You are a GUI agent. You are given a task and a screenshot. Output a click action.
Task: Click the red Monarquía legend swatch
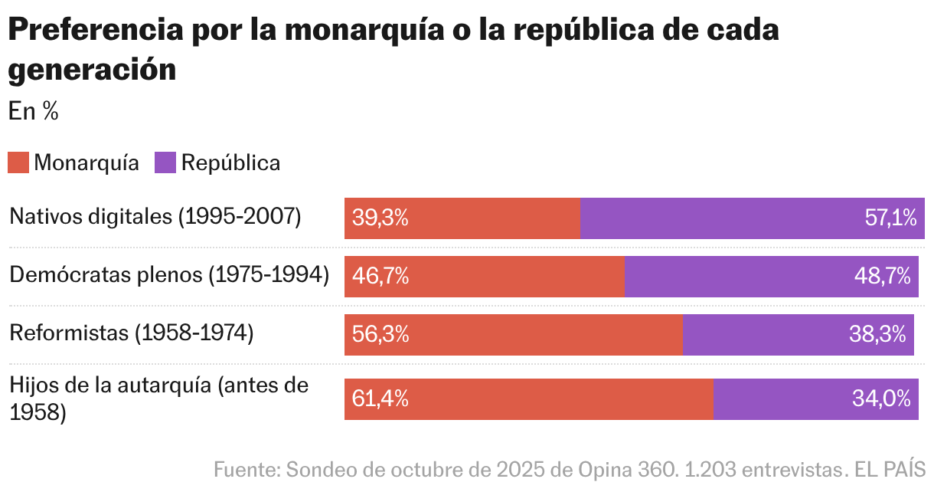(18, 162)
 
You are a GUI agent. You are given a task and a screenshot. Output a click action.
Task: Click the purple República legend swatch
(165, 162)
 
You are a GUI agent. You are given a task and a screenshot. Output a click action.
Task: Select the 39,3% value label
(380, 218)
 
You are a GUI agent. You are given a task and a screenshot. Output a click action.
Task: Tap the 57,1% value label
(890, 218)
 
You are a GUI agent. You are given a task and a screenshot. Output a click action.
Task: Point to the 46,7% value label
(380, 276)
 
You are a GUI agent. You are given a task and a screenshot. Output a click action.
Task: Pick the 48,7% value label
(882, 276)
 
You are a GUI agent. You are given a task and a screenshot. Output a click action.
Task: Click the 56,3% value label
(380, 334)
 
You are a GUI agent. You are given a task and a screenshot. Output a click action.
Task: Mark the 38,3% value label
(877, 334)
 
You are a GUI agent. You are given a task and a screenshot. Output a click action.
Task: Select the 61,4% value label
(380, 399)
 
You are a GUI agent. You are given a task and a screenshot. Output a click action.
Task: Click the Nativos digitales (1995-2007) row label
(155, 217)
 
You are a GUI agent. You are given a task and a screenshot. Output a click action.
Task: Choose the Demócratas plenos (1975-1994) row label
(169, 275)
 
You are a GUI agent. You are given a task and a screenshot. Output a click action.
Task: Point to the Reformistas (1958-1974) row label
(131, 333)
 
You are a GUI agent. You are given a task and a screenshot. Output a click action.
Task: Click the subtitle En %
(34, 111)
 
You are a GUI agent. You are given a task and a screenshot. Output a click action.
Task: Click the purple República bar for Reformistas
(798, 334)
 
